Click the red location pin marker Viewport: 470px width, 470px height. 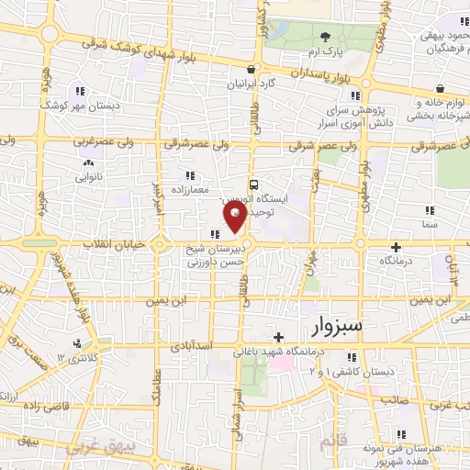pos(235,217)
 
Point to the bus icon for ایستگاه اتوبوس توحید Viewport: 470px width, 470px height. pos(254,183)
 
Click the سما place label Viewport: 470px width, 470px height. pos(430,223)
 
